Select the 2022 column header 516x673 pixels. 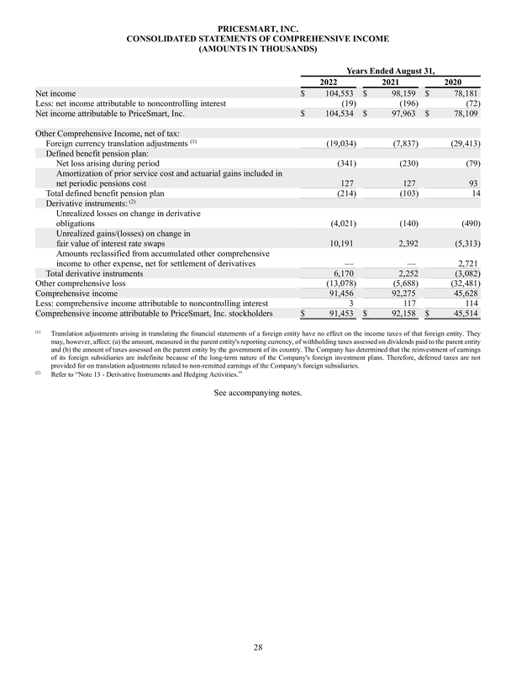[330, 81]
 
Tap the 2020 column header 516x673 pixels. [455, 81]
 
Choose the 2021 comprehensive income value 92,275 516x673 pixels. [404, 294]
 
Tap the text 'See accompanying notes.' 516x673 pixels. [257, 392]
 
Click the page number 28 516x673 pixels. [257, 646]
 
